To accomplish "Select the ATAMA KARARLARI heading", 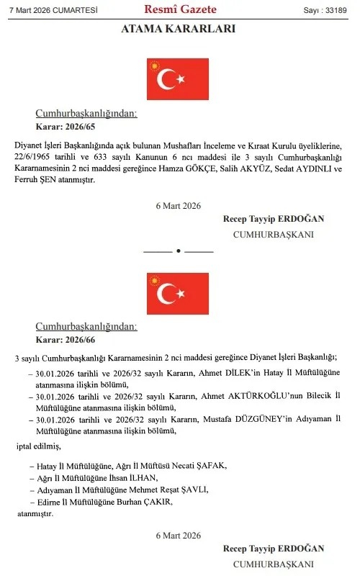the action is click(x=179, y=30).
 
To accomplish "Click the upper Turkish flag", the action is click(x=178, y=79).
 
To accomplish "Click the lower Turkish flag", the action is click(x=178, y=294).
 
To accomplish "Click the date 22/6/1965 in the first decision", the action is click(x=34, y=157).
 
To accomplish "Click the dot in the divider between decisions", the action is click(x=178, y=251).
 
